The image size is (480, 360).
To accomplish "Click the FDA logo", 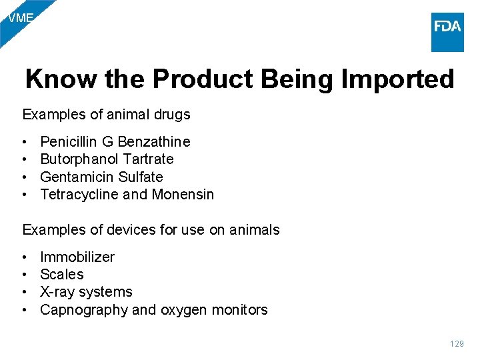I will coord(447,31).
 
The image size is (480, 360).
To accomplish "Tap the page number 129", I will coord(456,344).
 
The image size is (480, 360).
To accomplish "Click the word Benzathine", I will coord(154,141).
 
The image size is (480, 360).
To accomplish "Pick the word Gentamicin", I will coord(77,177).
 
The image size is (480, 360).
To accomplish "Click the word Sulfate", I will coord(141,177).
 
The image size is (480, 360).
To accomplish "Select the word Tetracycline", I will coord(80,194).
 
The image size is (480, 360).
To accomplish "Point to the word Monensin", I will coord(183,194).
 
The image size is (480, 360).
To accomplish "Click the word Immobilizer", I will coord(77,257).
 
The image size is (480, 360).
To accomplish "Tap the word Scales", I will coord(62,274).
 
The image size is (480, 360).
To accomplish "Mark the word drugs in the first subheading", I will coord(173,114).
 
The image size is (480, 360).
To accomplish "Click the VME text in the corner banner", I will coord(20,18).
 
